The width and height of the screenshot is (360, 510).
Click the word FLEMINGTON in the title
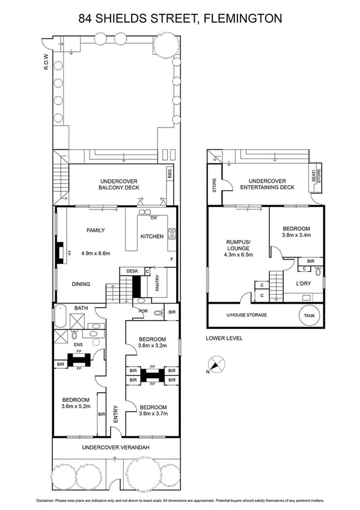pyautogui.click(x=243, y=19)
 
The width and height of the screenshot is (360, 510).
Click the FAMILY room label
pyautogui.click(x=96, y=230)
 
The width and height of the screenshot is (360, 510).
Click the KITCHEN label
pyautogui.click(x=152, y=236)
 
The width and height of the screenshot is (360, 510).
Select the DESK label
pyautogui.click(x=132, y=271)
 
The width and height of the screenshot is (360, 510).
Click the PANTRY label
pyautogui.click(x=157, y=284)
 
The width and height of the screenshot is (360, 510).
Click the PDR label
pyautogui.click(x=143, y=311)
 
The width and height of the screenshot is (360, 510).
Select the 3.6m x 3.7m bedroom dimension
pyautogui.click(x=152, y=413)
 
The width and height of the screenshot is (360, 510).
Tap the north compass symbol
pyautogui.click(x=216, y=363)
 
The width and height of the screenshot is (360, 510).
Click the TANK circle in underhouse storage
pyautogui.click(x=311, y=315)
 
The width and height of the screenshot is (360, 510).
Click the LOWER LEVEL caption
pyautogui.click(x=224, y=338)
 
